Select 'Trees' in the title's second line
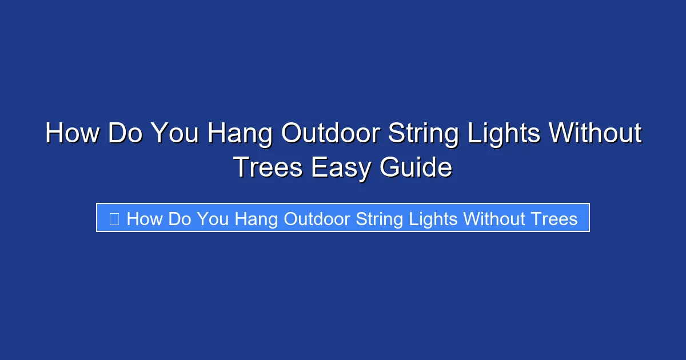click(x=268, y=167)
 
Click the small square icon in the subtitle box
click(x=114, y=219)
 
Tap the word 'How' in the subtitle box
click(x=145, y=219)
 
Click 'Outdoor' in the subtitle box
click(x=317, y=219)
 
